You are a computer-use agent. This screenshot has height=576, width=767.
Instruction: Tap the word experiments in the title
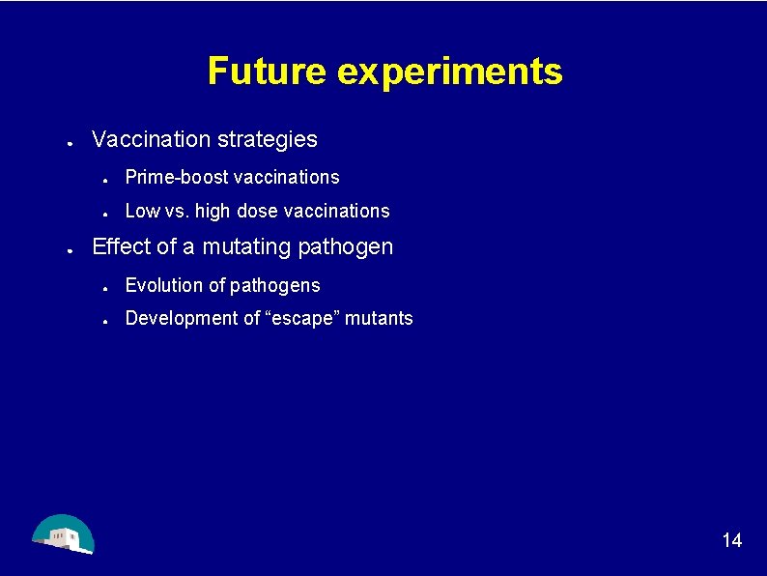(x=450, y=72)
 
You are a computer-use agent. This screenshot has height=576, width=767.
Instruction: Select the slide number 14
(x=732, y=540)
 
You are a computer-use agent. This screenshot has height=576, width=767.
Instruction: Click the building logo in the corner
(x=62, y=533)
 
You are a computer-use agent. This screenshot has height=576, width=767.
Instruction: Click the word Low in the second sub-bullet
(x=142, y=211)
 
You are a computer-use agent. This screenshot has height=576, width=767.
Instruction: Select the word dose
(x=257, y=211)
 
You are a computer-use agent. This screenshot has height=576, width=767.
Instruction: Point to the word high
(x=213, y=211)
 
